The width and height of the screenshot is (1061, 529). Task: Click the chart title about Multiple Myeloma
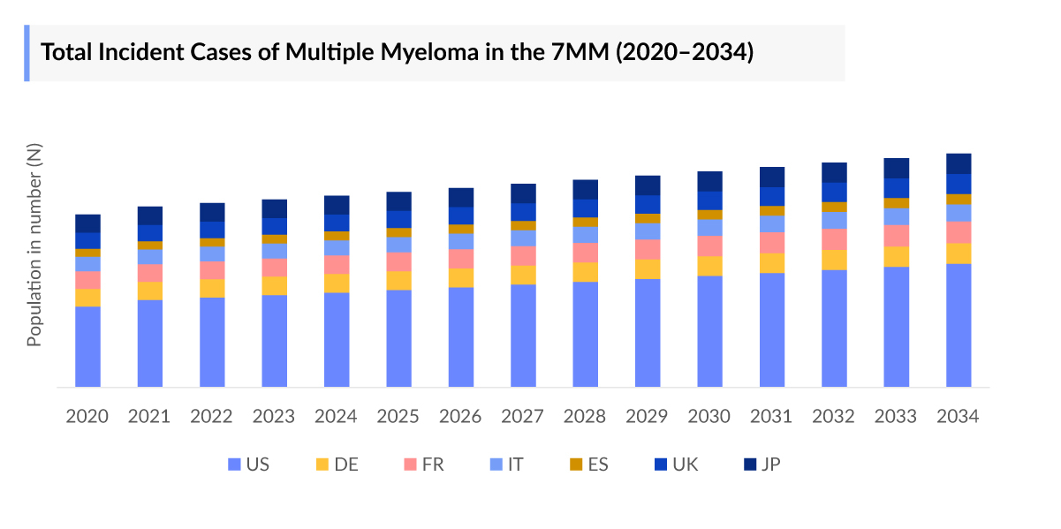[x=398, y=52]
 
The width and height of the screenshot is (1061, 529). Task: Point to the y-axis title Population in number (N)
[x=34, y=245]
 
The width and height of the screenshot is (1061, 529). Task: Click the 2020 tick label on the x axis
[x=87, y=416]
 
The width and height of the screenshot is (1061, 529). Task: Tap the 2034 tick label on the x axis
[x=959, y=416]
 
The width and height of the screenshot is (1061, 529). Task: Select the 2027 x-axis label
[x=523, y=416]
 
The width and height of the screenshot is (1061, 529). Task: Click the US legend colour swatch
[x=234, y=465]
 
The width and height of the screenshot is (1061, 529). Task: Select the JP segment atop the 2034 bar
[x=959, y=163]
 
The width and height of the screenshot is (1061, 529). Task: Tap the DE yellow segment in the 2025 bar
[x=398, y=280]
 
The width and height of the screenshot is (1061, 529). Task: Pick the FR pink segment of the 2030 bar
[x=709, y=246]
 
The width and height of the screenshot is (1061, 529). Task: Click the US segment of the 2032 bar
[x=834, y=328]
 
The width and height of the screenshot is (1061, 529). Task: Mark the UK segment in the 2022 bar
[x=212, y=230]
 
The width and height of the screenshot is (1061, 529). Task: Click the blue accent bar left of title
[x=27, y=53]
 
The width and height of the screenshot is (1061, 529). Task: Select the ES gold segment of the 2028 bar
[x=585, y=222]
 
